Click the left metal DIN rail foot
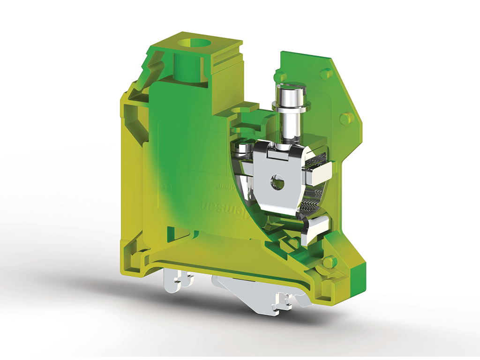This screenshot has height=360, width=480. tap(179, 282)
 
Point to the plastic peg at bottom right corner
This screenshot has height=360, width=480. tap(331, 261)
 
